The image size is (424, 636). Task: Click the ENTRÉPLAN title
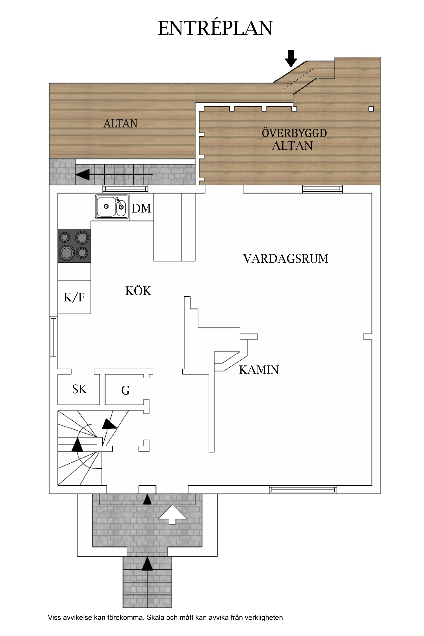215,28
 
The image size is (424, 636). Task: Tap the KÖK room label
138,291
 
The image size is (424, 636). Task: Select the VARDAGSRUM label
285,259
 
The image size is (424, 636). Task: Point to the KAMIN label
259,370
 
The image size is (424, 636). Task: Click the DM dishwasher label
141,209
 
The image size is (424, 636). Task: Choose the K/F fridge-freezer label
74,297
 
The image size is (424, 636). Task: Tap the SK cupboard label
79,390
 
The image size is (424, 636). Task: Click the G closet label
126,391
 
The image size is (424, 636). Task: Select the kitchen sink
112,207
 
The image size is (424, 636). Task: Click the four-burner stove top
74,246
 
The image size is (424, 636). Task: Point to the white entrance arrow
172,515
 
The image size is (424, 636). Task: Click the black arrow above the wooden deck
291,58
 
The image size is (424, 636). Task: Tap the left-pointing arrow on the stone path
83,174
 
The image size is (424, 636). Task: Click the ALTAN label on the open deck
120,124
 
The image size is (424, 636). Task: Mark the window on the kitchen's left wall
53,338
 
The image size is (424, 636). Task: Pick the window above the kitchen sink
125,189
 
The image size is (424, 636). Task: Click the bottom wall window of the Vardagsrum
303,490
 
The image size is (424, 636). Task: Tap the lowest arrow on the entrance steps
147,564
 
